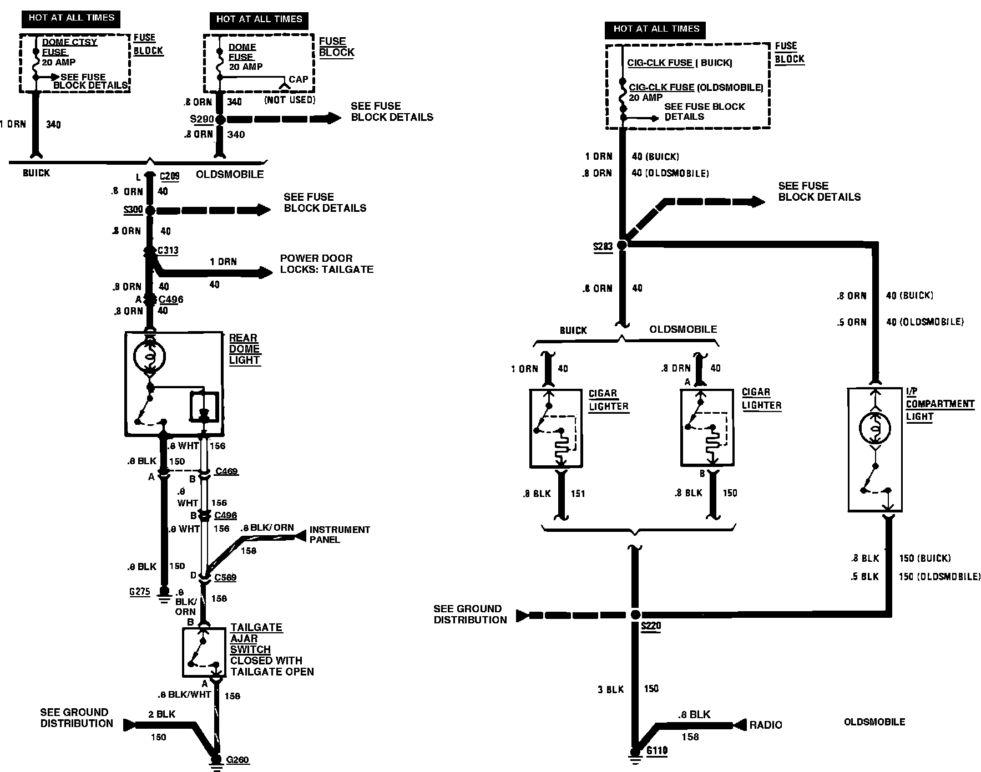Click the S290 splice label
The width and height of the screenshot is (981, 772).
[x=200, y=119]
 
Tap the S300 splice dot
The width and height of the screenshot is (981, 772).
[x=149, y=210]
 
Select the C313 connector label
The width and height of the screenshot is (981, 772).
[x=168, y=250]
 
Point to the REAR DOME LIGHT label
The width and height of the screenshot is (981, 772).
[x=244, y=349]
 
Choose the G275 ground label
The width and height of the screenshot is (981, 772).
[x=139, y=592]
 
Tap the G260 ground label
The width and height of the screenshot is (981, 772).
[x=237, y=759]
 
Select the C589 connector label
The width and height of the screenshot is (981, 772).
[x=225, y=577]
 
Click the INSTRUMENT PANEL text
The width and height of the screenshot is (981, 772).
[x=339, y=535]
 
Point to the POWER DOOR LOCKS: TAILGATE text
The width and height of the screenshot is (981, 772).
[x=326, y=264]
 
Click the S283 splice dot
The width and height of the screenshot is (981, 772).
[x=622, y=245]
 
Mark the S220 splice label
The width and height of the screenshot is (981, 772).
[x=650, y=626]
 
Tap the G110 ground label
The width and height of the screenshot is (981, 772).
[x=657, y=751]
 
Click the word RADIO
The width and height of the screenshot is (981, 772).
[x=766, y=725]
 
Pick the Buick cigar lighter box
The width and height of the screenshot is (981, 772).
[x=555, y=428]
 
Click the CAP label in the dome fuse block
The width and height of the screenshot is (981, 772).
[x=298, y=79]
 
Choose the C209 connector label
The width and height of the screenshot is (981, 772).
[x=169, y=176]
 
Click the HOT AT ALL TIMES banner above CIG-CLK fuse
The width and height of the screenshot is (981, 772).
[x=656, y=29]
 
